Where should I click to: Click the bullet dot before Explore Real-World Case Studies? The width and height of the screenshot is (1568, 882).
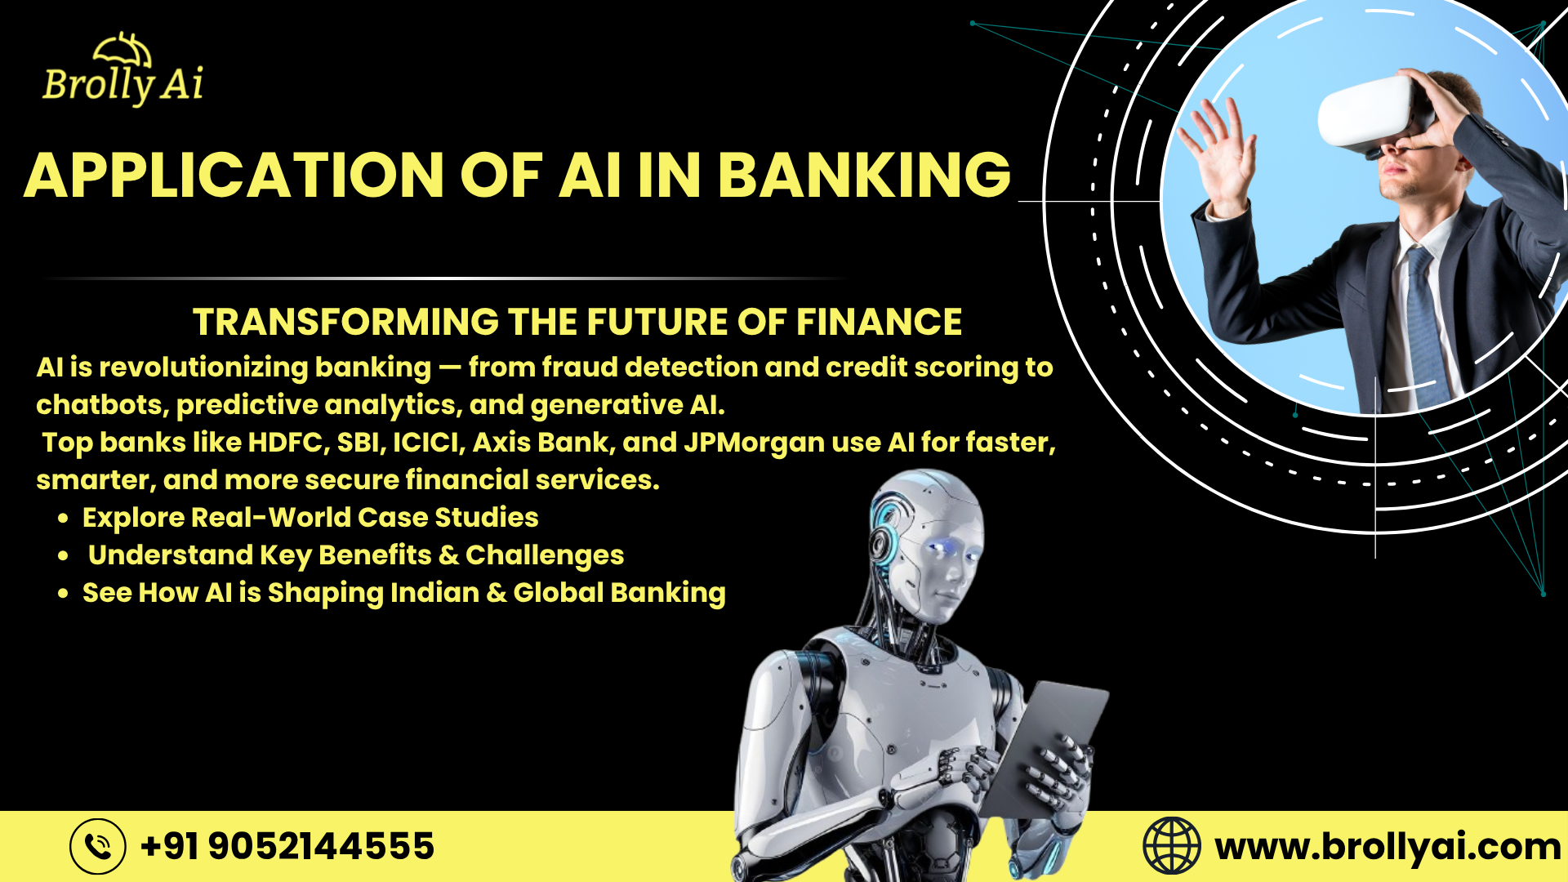63,519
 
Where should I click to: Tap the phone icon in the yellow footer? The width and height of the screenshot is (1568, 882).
98,846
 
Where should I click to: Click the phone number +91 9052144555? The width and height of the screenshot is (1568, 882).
287,846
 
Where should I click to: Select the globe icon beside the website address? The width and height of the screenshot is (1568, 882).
1171,846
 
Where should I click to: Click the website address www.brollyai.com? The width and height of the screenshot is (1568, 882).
1388,847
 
